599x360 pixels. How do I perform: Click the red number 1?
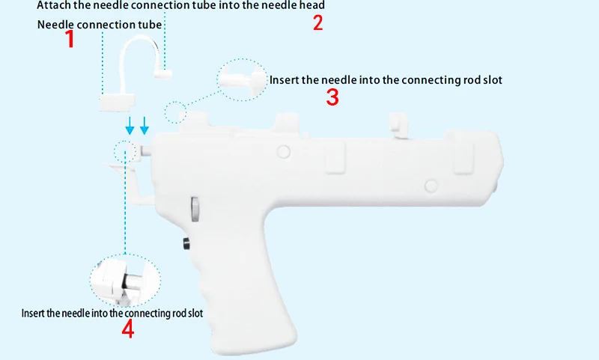70,39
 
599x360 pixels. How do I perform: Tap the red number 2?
318,22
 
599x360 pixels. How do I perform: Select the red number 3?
333,97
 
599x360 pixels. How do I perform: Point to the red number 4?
128,329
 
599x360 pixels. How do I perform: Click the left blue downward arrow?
130,124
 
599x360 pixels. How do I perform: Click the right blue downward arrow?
145,124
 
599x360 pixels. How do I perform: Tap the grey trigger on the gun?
195,209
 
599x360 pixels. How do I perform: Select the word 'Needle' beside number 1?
56,25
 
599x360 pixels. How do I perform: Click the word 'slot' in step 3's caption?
490,79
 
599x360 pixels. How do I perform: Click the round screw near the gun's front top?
283,152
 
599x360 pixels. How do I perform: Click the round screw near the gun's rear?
431,185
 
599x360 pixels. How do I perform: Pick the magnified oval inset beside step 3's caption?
243,76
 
